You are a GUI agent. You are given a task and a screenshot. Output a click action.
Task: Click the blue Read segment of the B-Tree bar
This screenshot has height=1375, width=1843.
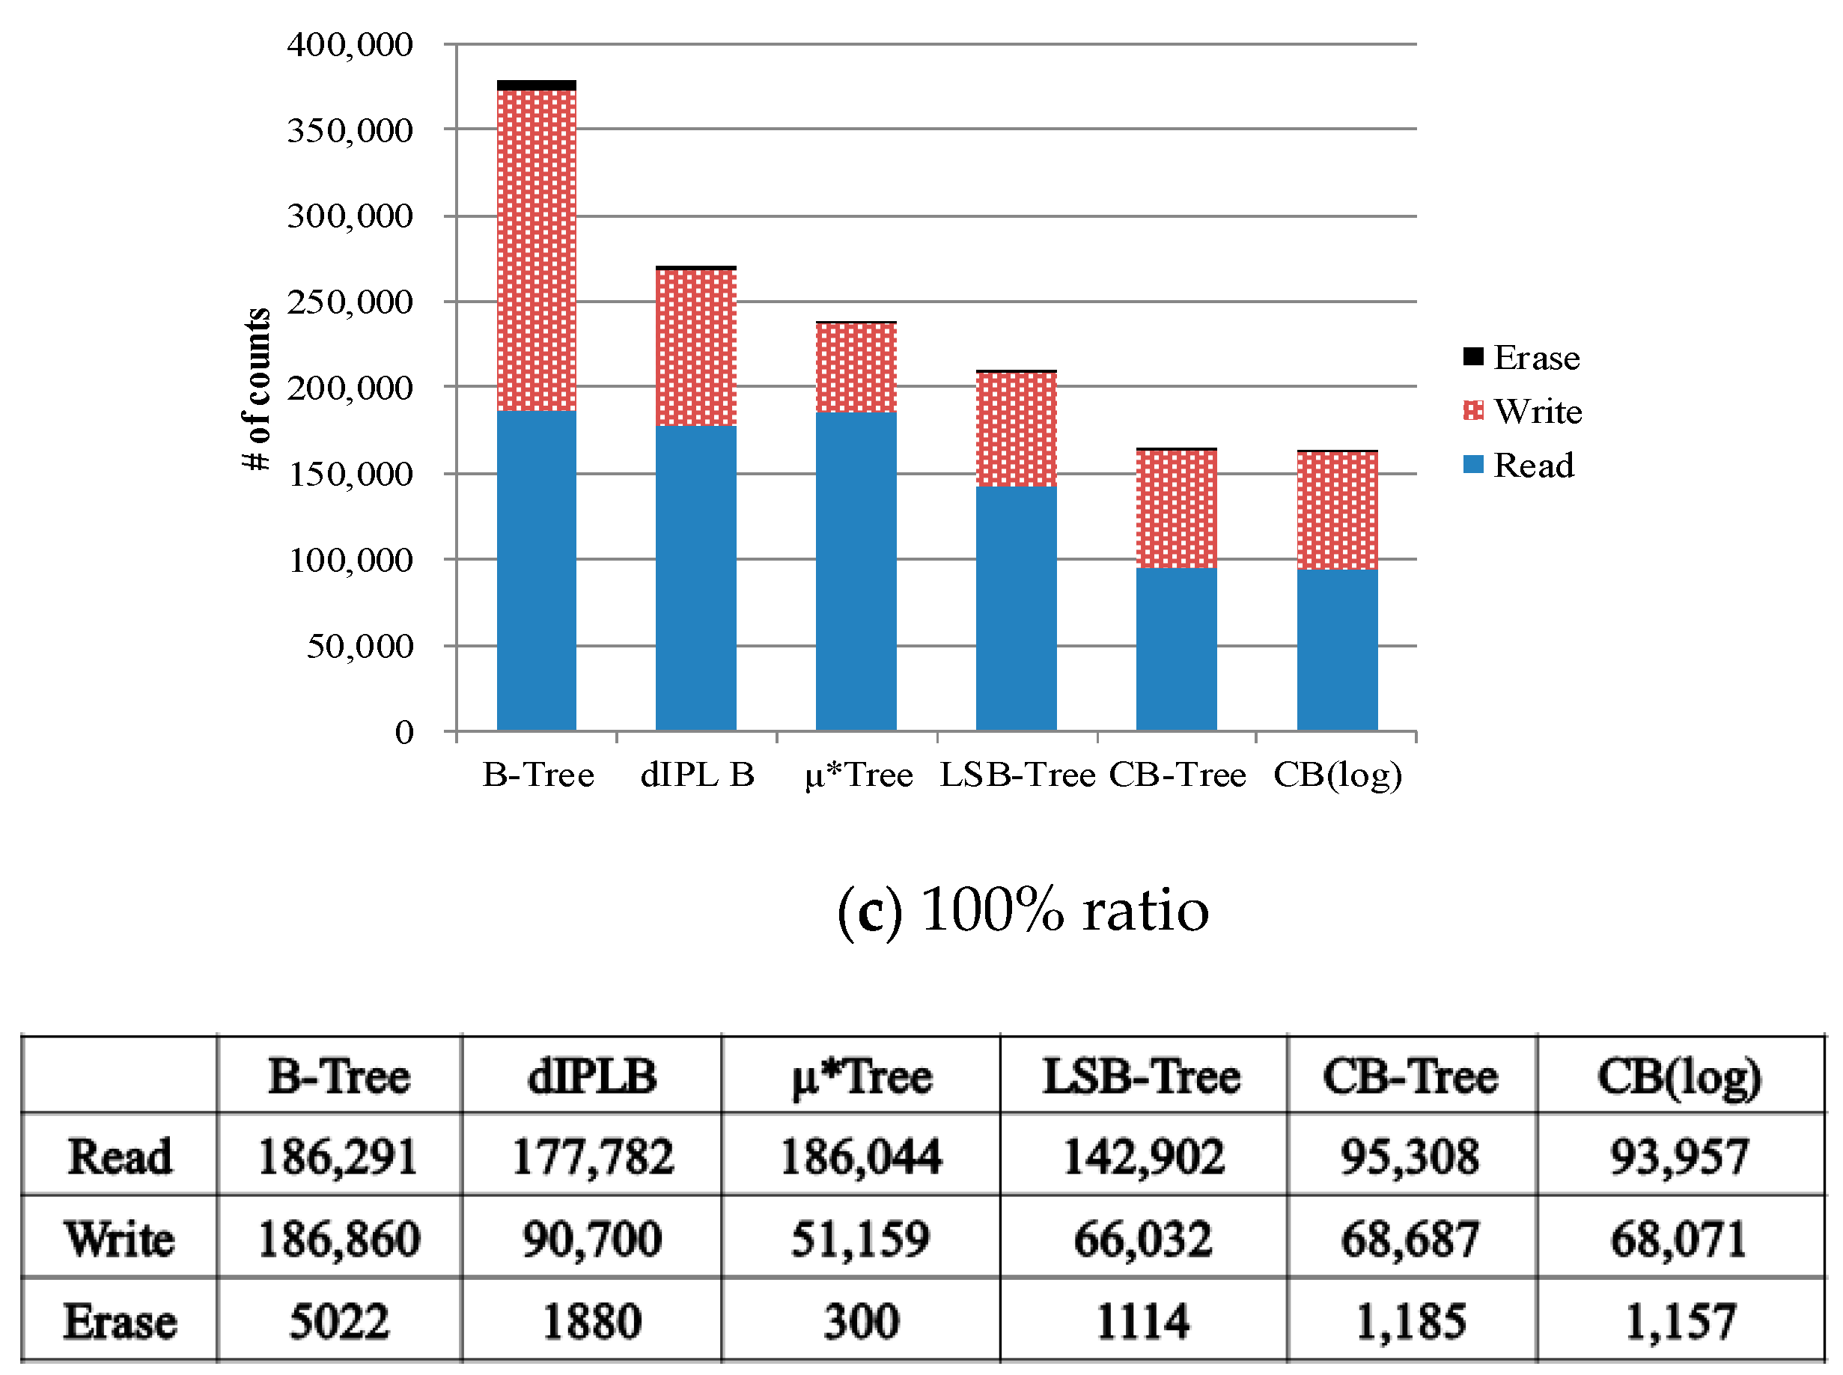point(536,570)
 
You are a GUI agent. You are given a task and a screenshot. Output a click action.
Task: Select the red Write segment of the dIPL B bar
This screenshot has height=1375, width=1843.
point(696,348)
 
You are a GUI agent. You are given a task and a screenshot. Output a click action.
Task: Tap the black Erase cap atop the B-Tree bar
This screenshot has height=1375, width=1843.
point(536,85)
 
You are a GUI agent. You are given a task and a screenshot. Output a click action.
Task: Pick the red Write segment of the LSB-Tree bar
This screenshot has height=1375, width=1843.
point(1016,430)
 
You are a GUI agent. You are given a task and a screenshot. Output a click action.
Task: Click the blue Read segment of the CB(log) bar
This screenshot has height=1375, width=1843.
point(1337,649)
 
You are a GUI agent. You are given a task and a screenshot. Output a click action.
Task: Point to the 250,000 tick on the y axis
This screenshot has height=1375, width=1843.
point(350,302)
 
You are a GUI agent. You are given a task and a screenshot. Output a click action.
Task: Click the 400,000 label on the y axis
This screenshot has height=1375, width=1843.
point(350,44)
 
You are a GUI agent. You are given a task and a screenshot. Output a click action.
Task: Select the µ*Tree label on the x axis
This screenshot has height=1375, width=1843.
point(858,775)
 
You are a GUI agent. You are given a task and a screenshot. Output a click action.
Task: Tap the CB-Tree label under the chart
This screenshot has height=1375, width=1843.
point(1177,775)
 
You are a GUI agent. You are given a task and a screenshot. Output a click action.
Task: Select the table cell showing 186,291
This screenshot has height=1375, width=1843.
point(338,1157)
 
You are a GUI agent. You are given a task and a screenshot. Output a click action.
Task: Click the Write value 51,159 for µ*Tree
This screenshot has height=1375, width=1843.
point(860,1239)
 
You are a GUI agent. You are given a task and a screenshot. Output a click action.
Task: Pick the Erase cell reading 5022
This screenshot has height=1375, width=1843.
point(338,1321)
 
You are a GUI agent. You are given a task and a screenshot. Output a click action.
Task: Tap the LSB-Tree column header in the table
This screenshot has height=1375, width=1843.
point(1142,1076)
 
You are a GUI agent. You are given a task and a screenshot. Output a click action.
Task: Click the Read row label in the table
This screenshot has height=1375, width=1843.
point(120,1157)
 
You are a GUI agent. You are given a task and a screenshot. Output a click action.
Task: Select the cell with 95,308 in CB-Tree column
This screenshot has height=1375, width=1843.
point(1410,1157)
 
